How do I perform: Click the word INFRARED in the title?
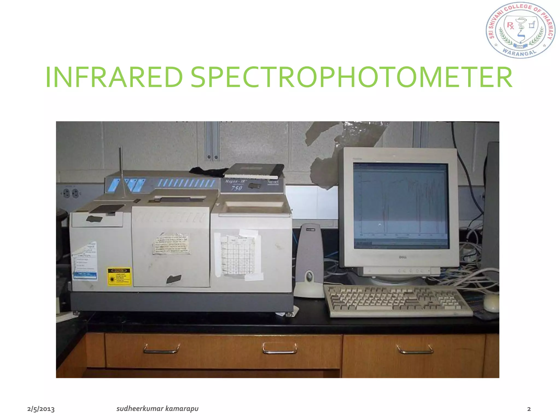114,78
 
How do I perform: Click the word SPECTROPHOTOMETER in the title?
351,78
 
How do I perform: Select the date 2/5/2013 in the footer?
41,409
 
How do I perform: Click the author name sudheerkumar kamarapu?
157,409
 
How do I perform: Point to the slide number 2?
529,409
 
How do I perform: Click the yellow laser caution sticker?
119,276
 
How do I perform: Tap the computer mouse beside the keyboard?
491,303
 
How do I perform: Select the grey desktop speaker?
309,260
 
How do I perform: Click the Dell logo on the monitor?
402,257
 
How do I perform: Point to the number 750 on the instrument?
236,188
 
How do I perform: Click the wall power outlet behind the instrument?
71,194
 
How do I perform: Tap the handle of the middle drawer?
279,349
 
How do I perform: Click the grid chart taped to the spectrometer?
238,254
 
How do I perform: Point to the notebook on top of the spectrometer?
254,171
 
